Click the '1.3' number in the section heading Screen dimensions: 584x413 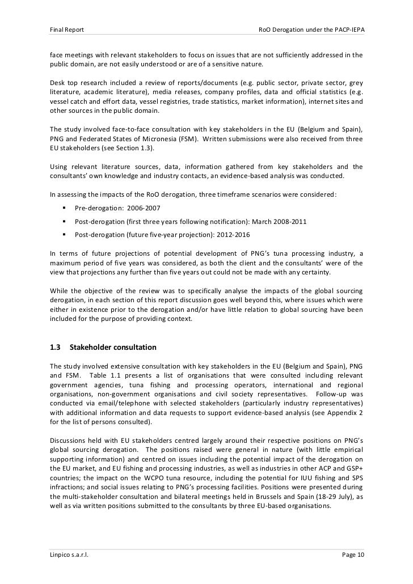pos(56,346)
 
